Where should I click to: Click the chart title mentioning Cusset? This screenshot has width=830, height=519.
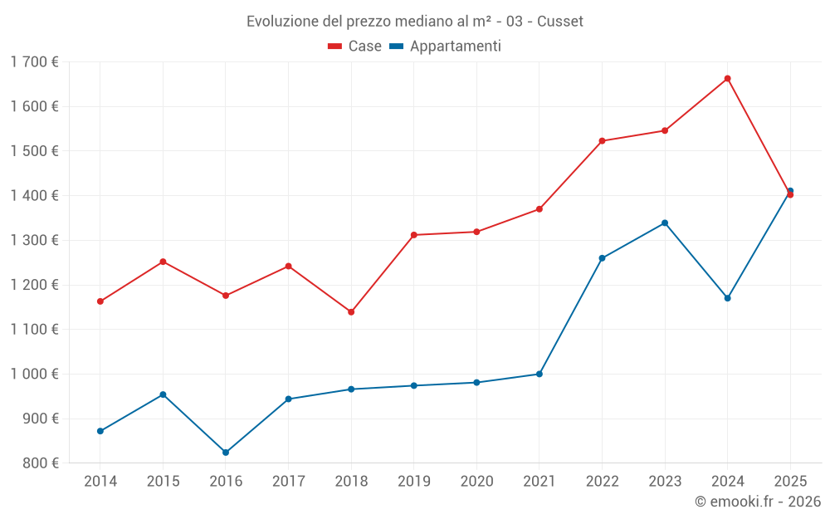(x=415, y=21)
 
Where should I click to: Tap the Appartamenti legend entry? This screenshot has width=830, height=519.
(x=446, y=47)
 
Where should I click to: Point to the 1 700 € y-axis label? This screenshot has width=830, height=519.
(x=35, y=61)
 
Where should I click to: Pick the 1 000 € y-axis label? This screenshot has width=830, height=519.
(x=35, y=374)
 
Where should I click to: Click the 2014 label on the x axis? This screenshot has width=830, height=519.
(x=100, y=481)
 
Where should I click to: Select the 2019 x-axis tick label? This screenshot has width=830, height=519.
(x=414, y=481)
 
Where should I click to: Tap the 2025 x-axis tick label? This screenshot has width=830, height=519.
(x=790, y=481)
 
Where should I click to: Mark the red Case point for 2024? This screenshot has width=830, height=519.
(x=728, y=79)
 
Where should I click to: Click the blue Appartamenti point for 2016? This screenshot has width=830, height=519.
(x=226, y=453)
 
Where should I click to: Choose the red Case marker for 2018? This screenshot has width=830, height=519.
(x=351, y=312)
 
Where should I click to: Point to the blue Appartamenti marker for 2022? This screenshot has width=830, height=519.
(x=602, y=258)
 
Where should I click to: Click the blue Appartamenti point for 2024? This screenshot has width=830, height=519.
(x=728, y=298)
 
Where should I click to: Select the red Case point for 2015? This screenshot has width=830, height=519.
(x=163, y=262)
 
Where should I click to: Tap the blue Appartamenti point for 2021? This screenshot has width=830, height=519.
(x=539, y=374)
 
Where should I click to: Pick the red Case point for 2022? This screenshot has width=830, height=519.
(x=602, y=141)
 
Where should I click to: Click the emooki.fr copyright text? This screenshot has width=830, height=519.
(x=757, y=502)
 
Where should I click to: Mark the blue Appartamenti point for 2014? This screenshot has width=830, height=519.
(x=100, y=431)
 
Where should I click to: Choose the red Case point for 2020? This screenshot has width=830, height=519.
(x=476, y=232)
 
